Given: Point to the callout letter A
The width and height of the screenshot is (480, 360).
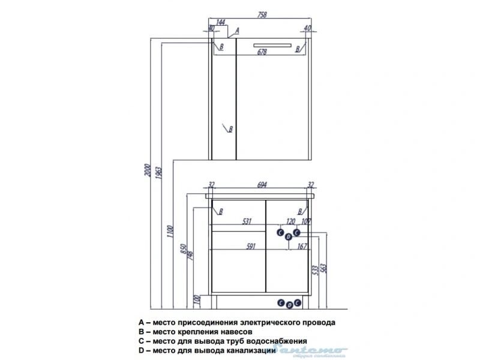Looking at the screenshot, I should [237, 30].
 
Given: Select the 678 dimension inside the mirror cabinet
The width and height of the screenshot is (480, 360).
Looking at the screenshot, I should [262, 52].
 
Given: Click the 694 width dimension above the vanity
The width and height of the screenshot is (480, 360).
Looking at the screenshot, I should [262, 185].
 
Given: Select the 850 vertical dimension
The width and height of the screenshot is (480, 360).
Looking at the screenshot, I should [184, 251].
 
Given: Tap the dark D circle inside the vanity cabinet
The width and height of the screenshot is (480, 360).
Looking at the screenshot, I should [289, 238].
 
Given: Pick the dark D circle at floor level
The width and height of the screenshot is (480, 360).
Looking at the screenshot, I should [289, 305].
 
